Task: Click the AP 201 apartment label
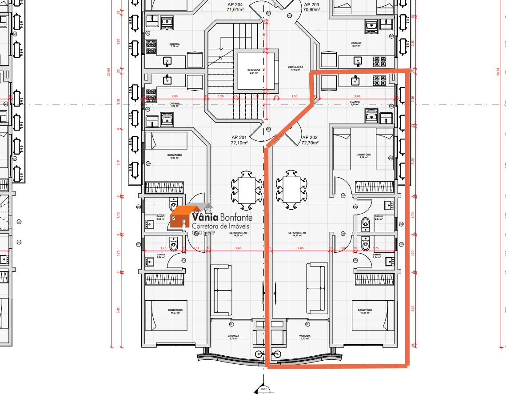(x=239, y=140)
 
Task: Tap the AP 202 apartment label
(x=310, y=140)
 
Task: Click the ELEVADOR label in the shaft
(x=254, y=71)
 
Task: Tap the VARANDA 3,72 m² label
(x=233, y=337)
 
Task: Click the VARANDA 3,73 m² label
(x=305, y=337)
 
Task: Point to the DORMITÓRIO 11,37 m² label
(x=175, y=311)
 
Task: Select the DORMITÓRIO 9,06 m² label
(x=363, y=155)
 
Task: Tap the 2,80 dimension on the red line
(x=174, y=96)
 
